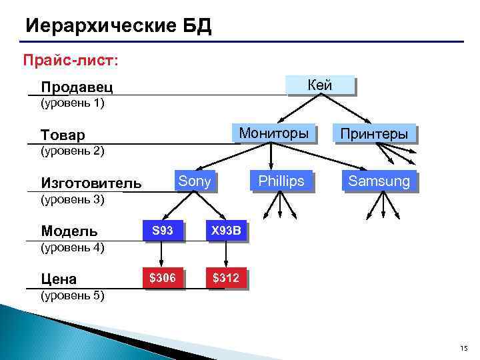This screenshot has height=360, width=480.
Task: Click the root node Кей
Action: (x=319, y=85)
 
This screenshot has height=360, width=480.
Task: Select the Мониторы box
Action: (x=273, y=133)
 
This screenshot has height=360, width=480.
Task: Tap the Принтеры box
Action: (x=373, y=134)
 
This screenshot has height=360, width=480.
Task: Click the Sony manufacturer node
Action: (x=195, y=181)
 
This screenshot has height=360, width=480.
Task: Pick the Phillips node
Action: (x=281, y=181)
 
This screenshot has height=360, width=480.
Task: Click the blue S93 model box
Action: (x=162, y=231)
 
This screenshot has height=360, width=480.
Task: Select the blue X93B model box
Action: (x=226, y=231)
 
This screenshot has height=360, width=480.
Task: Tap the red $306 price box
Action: (x=162, y=278)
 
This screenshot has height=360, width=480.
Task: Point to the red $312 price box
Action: (x=226, y=278)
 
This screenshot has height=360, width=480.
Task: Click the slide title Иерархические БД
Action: (x=118, y=26)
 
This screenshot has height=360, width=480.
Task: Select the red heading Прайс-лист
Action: (x=71, y=60)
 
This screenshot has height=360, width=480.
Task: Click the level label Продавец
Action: (x=77, y=87)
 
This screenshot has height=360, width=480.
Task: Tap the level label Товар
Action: (x=63, y=135)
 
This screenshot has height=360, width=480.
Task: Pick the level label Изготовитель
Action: (x=91, y=183)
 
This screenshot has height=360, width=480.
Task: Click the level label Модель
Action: (x=69, y=231)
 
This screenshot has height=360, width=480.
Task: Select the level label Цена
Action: (x=59, y=279)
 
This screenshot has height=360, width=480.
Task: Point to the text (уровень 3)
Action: (x=73, y=199)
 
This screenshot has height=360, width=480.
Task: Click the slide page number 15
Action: (x=464, y=349)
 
